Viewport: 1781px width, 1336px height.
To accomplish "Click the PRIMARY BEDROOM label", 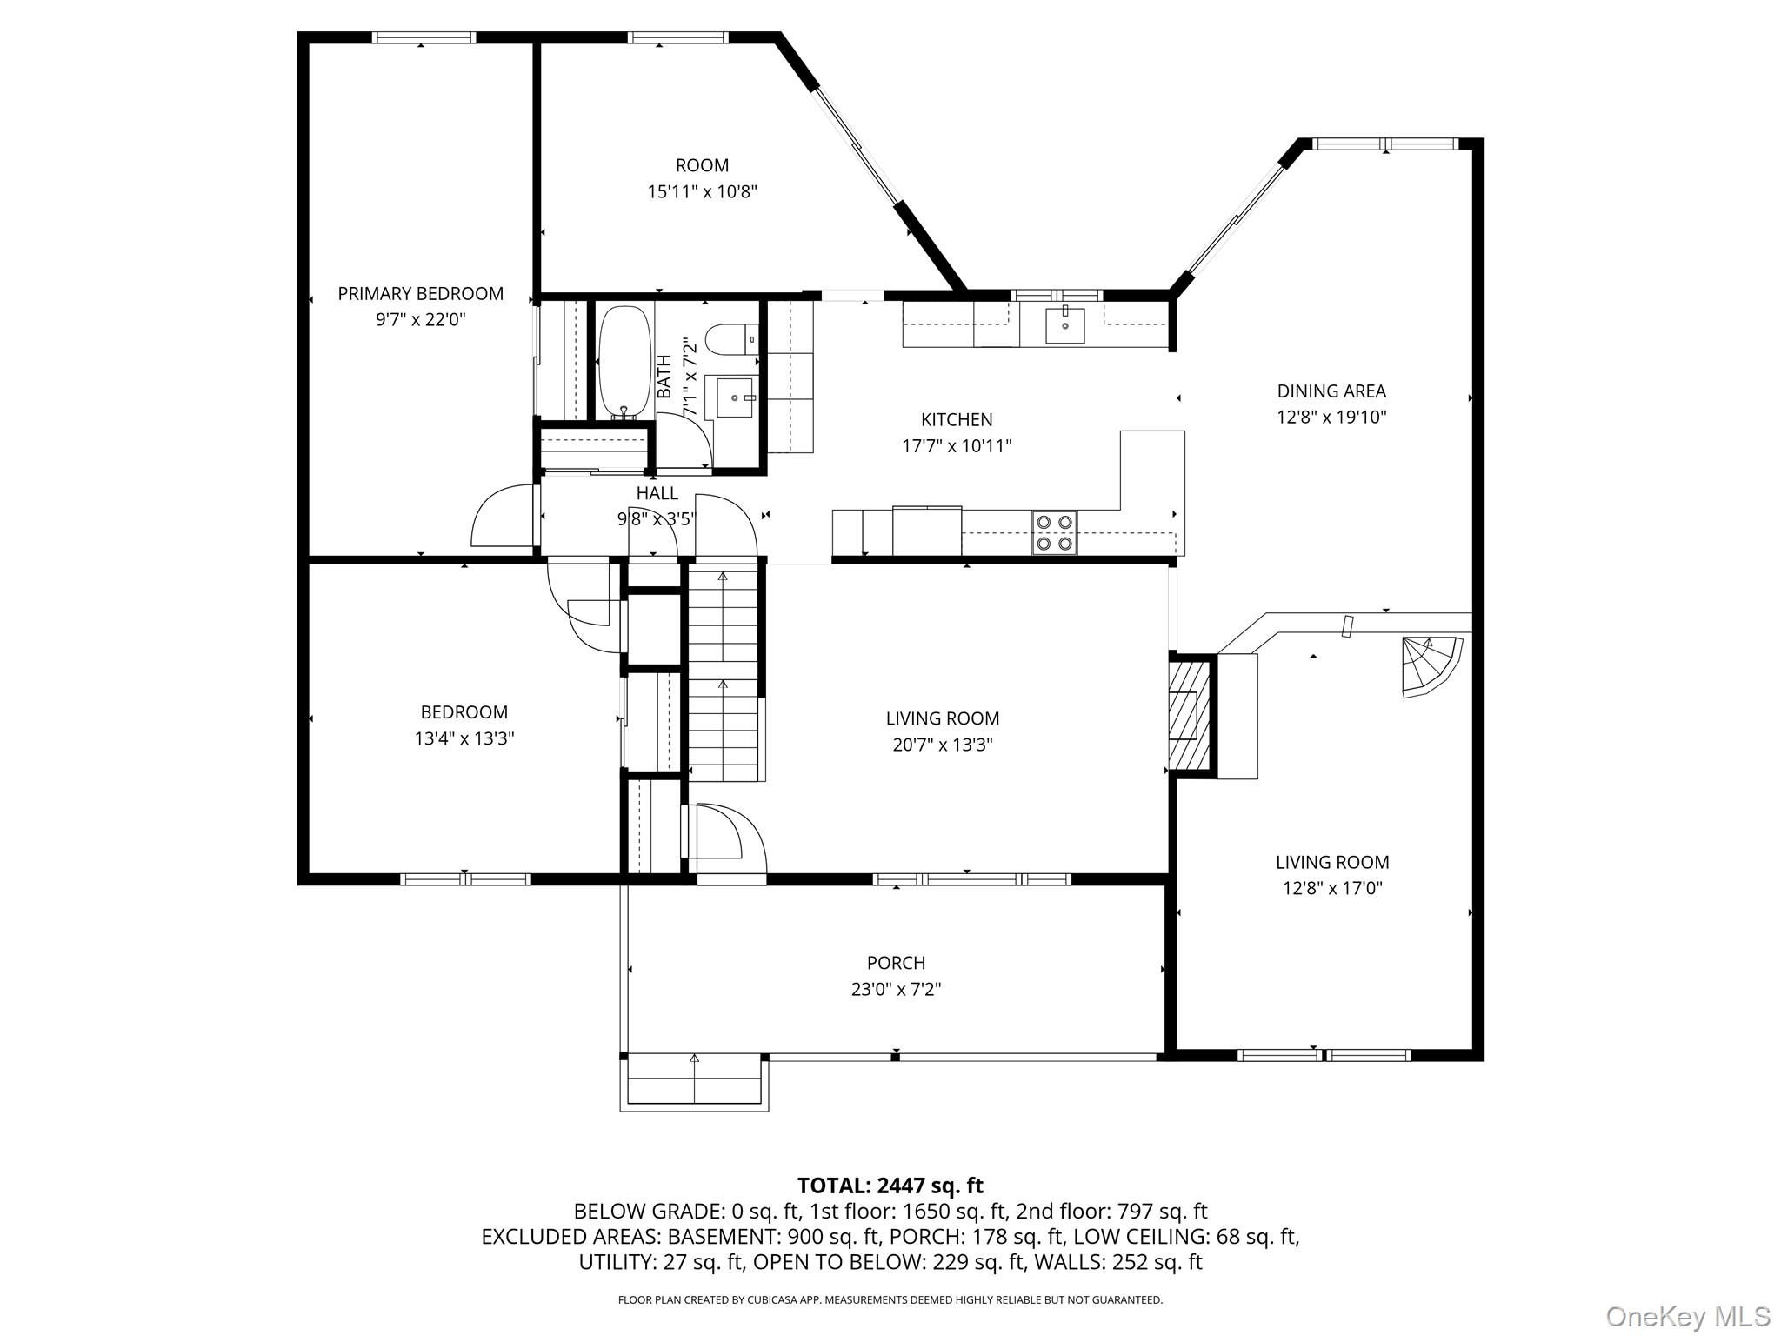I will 420,294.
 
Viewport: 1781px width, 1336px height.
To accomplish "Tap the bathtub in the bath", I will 624,361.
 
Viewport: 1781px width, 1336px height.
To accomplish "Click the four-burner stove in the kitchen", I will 1054,532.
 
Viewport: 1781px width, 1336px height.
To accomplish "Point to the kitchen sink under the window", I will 1064,325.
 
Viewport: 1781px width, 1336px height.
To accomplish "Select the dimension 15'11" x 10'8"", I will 702,191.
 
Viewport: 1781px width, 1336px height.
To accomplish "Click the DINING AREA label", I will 1331,391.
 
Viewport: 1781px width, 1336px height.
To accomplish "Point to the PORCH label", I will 896,963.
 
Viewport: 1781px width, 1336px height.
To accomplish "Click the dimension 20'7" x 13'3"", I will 943,745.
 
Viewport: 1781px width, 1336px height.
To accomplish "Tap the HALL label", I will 657,493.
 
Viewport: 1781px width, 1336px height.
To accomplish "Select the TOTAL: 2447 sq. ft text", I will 890,1185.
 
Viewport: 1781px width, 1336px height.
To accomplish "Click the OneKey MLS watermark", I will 1687,1316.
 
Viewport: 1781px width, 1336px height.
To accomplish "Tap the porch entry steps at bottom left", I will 694,1080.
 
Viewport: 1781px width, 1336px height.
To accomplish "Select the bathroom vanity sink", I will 736,397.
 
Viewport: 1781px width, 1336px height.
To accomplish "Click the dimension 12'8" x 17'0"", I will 1331,888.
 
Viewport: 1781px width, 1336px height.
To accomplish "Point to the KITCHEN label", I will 957,420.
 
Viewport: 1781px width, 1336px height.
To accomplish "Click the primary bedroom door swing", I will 503,518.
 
